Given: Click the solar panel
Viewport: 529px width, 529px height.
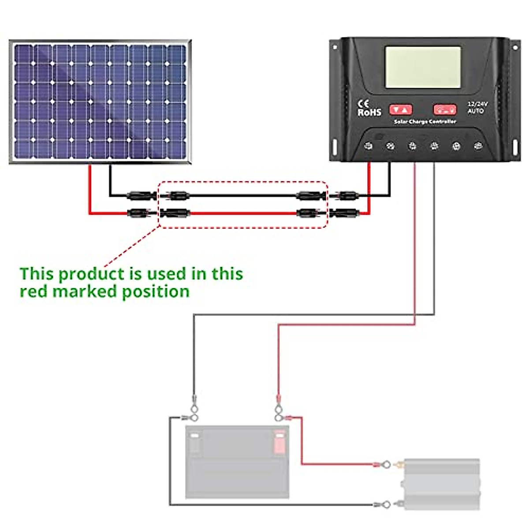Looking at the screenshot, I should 100,102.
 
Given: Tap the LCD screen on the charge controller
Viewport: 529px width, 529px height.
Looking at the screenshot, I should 423,67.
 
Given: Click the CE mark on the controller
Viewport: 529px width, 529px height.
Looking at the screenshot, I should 363,104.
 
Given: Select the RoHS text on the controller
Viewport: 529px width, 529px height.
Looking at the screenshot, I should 369,113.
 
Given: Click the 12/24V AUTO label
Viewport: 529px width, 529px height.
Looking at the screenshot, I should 477,108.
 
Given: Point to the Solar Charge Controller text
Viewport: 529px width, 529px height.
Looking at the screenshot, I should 425,121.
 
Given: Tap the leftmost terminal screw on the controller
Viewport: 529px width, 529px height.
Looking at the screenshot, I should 368,146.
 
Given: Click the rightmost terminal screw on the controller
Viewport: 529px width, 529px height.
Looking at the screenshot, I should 478,146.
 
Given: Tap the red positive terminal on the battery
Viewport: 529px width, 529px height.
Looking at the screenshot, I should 279,442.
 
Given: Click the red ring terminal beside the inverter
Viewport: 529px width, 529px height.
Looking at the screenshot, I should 385,464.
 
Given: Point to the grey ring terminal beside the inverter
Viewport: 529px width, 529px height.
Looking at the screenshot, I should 385,504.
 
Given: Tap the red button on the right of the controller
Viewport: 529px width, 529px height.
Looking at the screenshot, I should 444,109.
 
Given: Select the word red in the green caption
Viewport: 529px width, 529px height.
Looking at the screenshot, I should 33,291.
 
